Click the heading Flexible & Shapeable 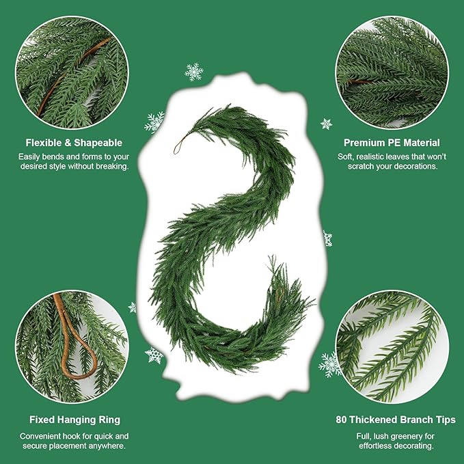click(x=74, y=143)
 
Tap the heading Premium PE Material click(x=392, y=143)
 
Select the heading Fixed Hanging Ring click(x=74, y=420)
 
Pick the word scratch click(x=360, y=166)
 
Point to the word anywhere click(x=107, y=446)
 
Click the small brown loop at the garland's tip click(x=179, y=144)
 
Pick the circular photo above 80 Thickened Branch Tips click(x=391, y=346)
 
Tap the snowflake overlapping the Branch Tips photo click(x=331, y=364)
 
